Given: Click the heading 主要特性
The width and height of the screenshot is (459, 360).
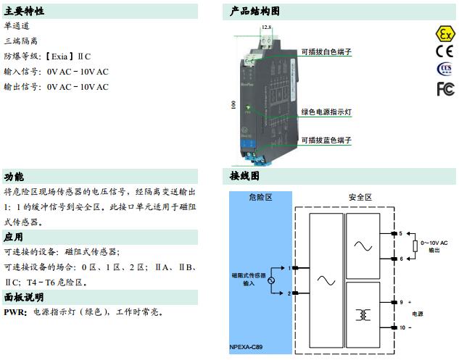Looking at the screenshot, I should [24, 12].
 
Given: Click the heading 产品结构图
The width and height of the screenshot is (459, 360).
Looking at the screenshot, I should [255, 12].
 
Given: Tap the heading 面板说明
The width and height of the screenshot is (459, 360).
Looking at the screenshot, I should [24, 297].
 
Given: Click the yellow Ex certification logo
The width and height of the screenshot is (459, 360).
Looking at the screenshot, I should [444, 34].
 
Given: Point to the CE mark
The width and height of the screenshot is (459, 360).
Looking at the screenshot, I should [444, 51].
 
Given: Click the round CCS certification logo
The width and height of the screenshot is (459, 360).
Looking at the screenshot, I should [444, 69].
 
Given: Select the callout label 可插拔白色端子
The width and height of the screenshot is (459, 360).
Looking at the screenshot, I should [326, 52].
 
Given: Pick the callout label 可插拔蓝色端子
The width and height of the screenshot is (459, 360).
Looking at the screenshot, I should [326, 139].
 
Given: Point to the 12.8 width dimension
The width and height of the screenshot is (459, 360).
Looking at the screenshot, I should [266, 27].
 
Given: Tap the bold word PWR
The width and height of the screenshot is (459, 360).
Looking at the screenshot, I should [14, 312].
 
